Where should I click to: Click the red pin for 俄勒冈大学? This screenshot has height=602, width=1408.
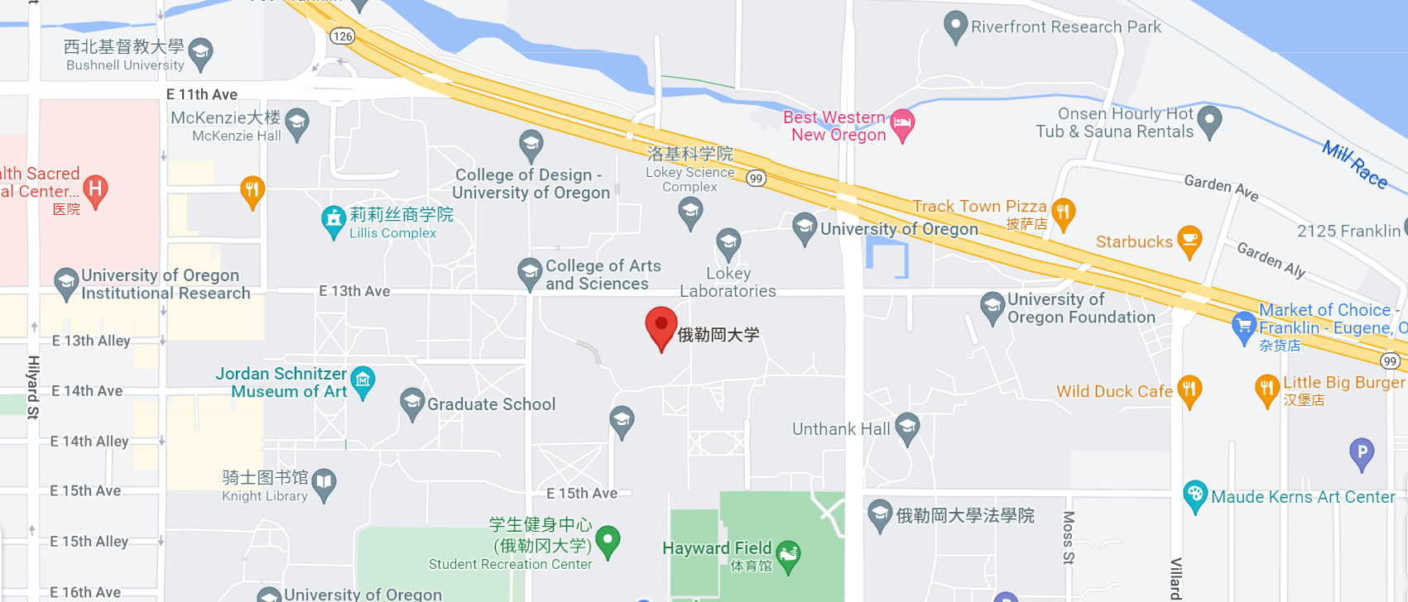661,326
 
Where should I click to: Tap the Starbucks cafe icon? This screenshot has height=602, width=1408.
1189,240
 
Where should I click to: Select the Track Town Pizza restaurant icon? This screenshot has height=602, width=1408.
1064,212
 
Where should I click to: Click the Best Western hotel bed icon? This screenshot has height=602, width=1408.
902,124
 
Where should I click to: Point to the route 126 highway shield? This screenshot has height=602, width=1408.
342,36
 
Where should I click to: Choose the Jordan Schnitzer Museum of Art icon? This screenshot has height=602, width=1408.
363,380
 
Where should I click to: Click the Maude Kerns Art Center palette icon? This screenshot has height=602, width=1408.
1194,494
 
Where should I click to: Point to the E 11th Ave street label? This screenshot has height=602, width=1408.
202,94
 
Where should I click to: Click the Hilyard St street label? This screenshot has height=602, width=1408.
33,387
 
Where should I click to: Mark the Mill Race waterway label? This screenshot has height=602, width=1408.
1354,163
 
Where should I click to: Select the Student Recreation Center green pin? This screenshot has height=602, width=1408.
608,540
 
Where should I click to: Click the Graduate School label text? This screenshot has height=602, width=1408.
491,404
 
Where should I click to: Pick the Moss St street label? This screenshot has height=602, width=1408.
1069,537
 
